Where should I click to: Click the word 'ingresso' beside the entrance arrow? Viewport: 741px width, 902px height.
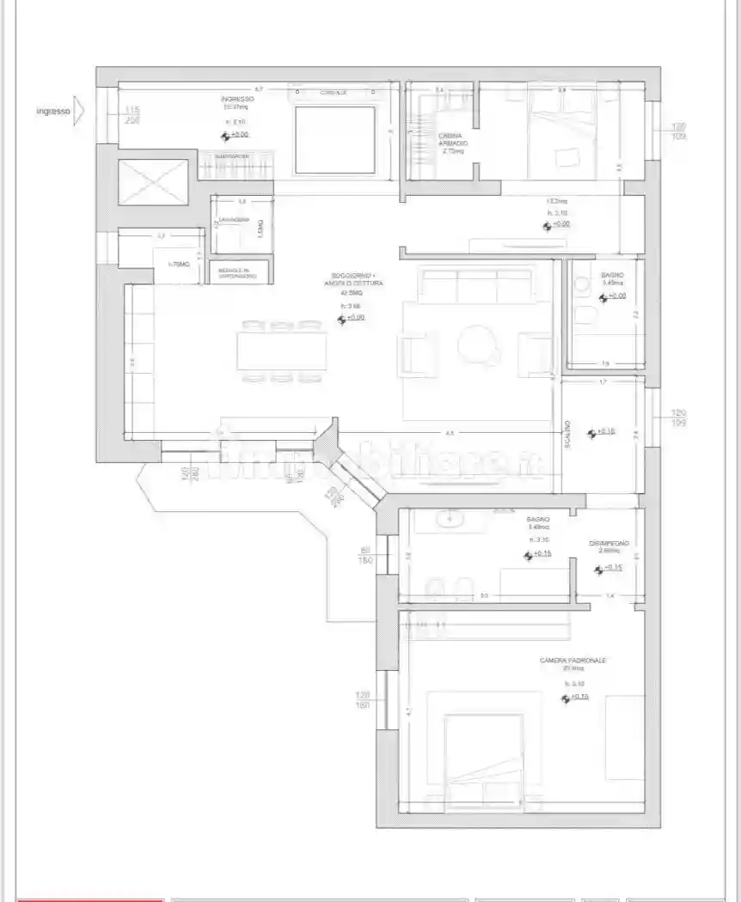(53, 111)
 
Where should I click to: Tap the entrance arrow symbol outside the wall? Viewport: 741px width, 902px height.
(79, 111)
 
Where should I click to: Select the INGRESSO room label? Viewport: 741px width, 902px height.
(237, 100)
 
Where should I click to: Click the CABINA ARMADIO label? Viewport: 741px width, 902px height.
(452, 142)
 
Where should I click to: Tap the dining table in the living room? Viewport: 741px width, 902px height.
(283, 350)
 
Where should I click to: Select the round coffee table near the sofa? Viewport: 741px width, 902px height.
(477, 346)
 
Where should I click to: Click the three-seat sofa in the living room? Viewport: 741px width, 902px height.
(476, 286)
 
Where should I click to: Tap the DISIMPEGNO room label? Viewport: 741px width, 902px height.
(609, 544)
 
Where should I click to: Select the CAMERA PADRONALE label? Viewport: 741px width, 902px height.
(573, 660)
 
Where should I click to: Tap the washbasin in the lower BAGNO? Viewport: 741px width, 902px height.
(450, 519)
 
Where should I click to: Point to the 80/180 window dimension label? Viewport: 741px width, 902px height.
(364, 555)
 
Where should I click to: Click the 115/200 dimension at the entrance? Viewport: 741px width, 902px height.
(132, 115)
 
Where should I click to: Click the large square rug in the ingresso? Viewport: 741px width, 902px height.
(335, 139)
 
